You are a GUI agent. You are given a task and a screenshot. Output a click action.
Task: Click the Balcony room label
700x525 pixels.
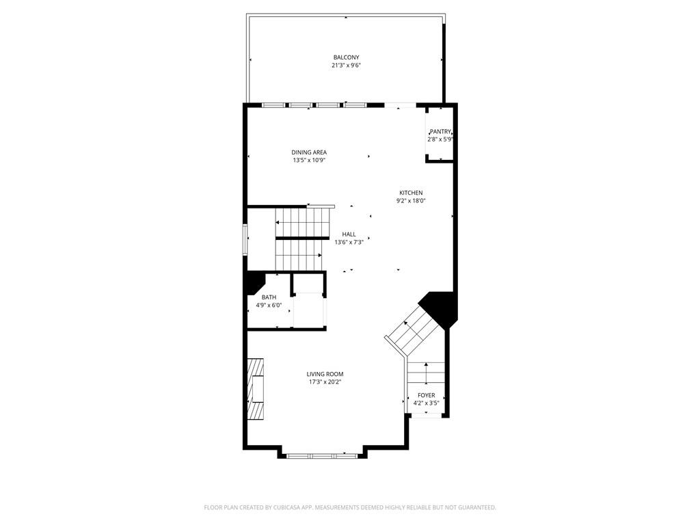346,57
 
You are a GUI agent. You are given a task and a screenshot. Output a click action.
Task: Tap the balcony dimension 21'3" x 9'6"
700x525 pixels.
346,66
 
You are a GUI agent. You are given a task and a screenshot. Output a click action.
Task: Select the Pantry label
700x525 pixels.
440,131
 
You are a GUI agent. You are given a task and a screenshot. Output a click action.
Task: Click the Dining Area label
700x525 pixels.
309,152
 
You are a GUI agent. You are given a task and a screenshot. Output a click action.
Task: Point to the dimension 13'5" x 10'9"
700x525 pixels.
309,161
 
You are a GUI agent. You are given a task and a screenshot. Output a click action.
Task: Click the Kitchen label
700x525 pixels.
412,193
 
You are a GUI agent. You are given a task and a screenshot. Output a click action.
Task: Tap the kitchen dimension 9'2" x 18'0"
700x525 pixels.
412,201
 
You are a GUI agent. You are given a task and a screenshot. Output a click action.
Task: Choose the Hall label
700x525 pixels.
349,234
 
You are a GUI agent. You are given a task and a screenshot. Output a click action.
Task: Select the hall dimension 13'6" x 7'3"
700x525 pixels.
349,242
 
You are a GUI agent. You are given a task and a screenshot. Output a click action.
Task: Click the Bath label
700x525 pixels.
269,297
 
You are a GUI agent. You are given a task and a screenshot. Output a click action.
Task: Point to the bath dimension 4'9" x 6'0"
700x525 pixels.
269,306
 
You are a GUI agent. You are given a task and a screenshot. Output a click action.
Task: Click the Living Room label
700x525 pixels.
325,374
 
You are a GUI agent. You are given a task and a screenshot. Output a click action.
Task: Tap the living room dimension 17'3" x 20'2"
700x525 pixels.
325,382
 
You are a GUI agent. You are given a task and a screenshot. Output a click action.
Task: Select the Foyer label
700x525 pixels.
427,395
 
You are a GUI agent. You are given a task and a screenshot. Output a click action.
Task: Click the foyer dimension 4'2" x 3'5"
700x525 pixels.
427,403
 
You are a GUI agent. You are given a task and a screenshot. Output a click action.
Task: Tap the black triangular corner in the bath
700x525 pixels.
254,280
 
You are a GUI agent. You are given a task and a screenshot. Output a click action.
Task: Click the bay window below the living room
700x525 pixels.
321,455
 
